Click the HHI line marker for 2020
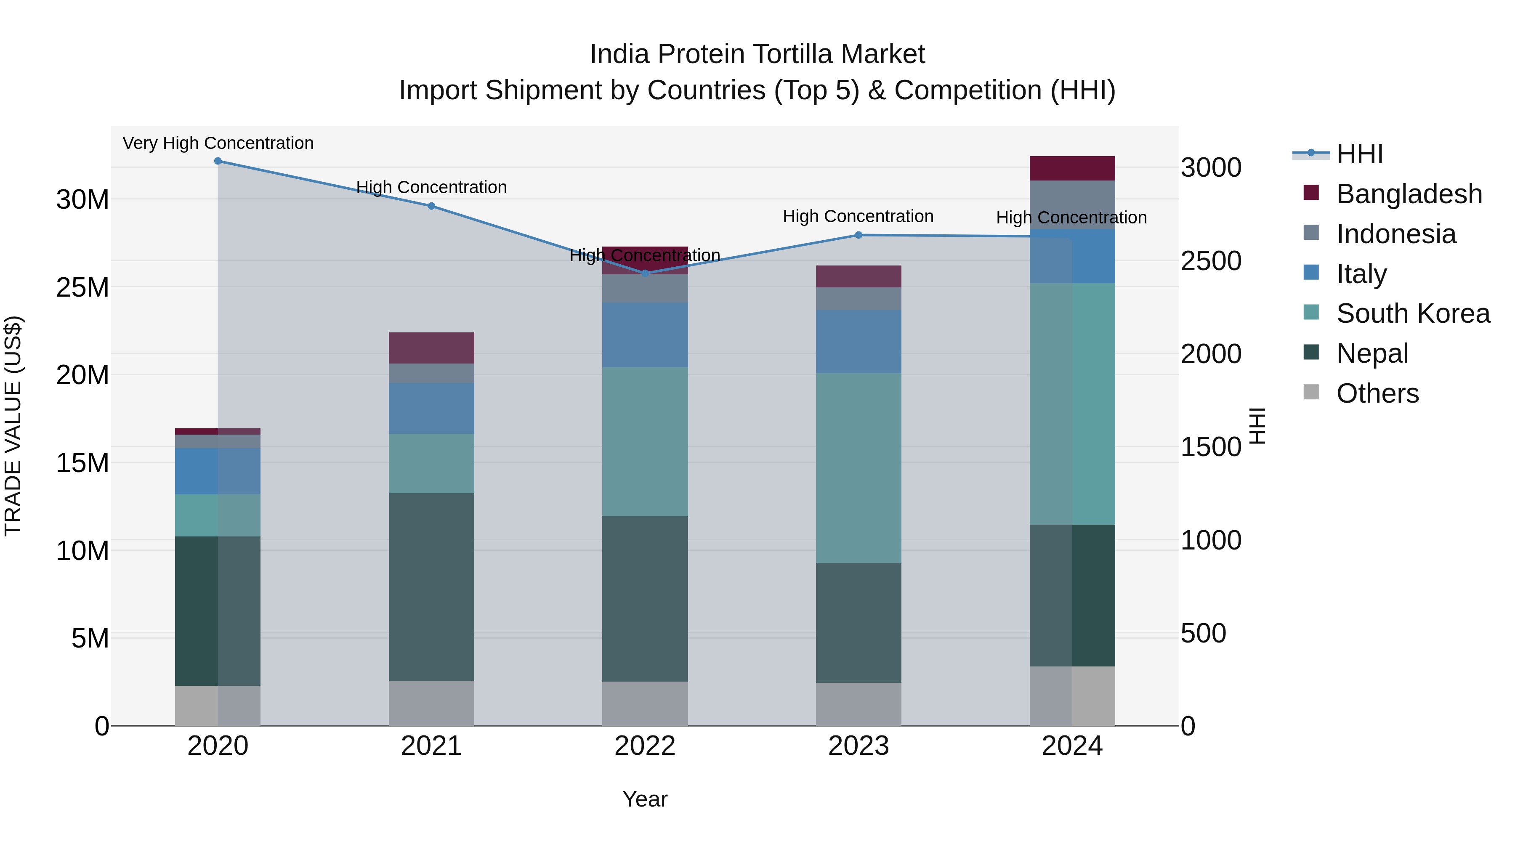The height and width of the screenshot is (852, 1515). click(218, 161)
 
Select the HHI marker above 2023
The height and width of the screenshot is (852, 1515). click(858, 235)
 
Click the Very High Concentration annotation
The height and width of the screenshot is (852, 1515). click(218, 143)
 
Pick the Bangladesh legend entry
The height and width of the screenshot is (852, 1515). click(1409, 194)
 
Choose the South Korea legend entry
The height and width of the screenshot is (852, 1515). click(1413, 313)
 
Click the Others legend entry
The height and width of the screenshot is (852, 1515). click(1377, 393)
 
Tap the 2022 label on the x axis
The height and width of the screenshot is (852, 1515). click(645, 746)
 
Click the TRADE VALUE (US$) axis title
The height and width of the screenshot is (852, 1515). click(13, 426)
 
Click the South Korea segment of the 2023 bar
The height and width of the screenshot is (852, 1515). click(858, 467)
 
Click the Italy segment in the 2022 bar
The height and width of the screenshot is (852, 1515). click(645, 335)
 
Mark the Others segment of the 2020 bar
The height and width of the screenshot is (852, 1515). click(218, 705)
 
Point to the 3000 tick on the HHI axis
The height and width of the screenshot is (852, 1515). click(1211, 167)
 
